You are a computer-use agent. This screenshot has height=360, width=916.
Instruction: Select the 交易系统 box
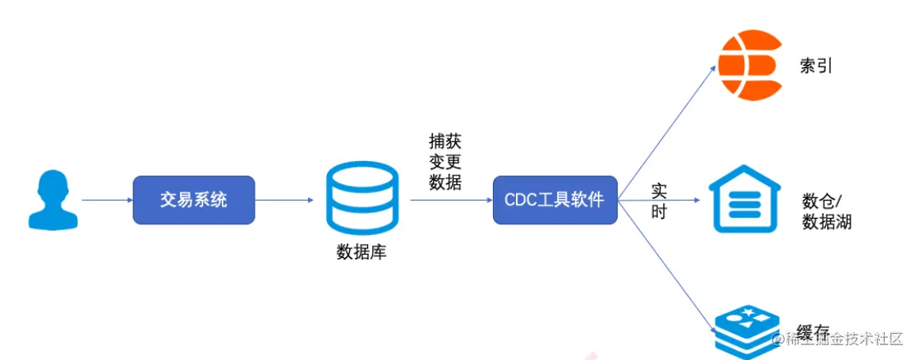[x=194, y=200]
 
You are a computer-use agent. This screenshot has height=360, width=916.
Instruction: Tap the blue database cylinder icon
[x=361, y=198]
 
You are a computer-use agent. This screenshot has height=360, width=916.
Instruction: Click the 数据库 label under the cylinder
[x=361, y=252]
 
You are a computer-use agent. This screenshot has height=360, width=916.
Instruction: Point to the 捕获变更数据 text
[x=445, y=161]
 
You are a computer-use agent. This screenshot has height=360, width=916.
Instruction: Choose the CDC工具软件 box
[x=555, y=200]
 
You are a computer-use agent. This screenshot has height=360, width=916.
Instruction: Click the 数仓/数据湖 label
[x=826, y=211]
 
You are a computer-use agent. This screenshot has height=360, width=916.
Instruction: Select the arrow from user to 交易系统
[x=107, y=200]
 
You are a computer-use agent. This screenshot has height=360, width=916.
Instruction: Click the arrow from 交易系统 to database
[x=284, y=200]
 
